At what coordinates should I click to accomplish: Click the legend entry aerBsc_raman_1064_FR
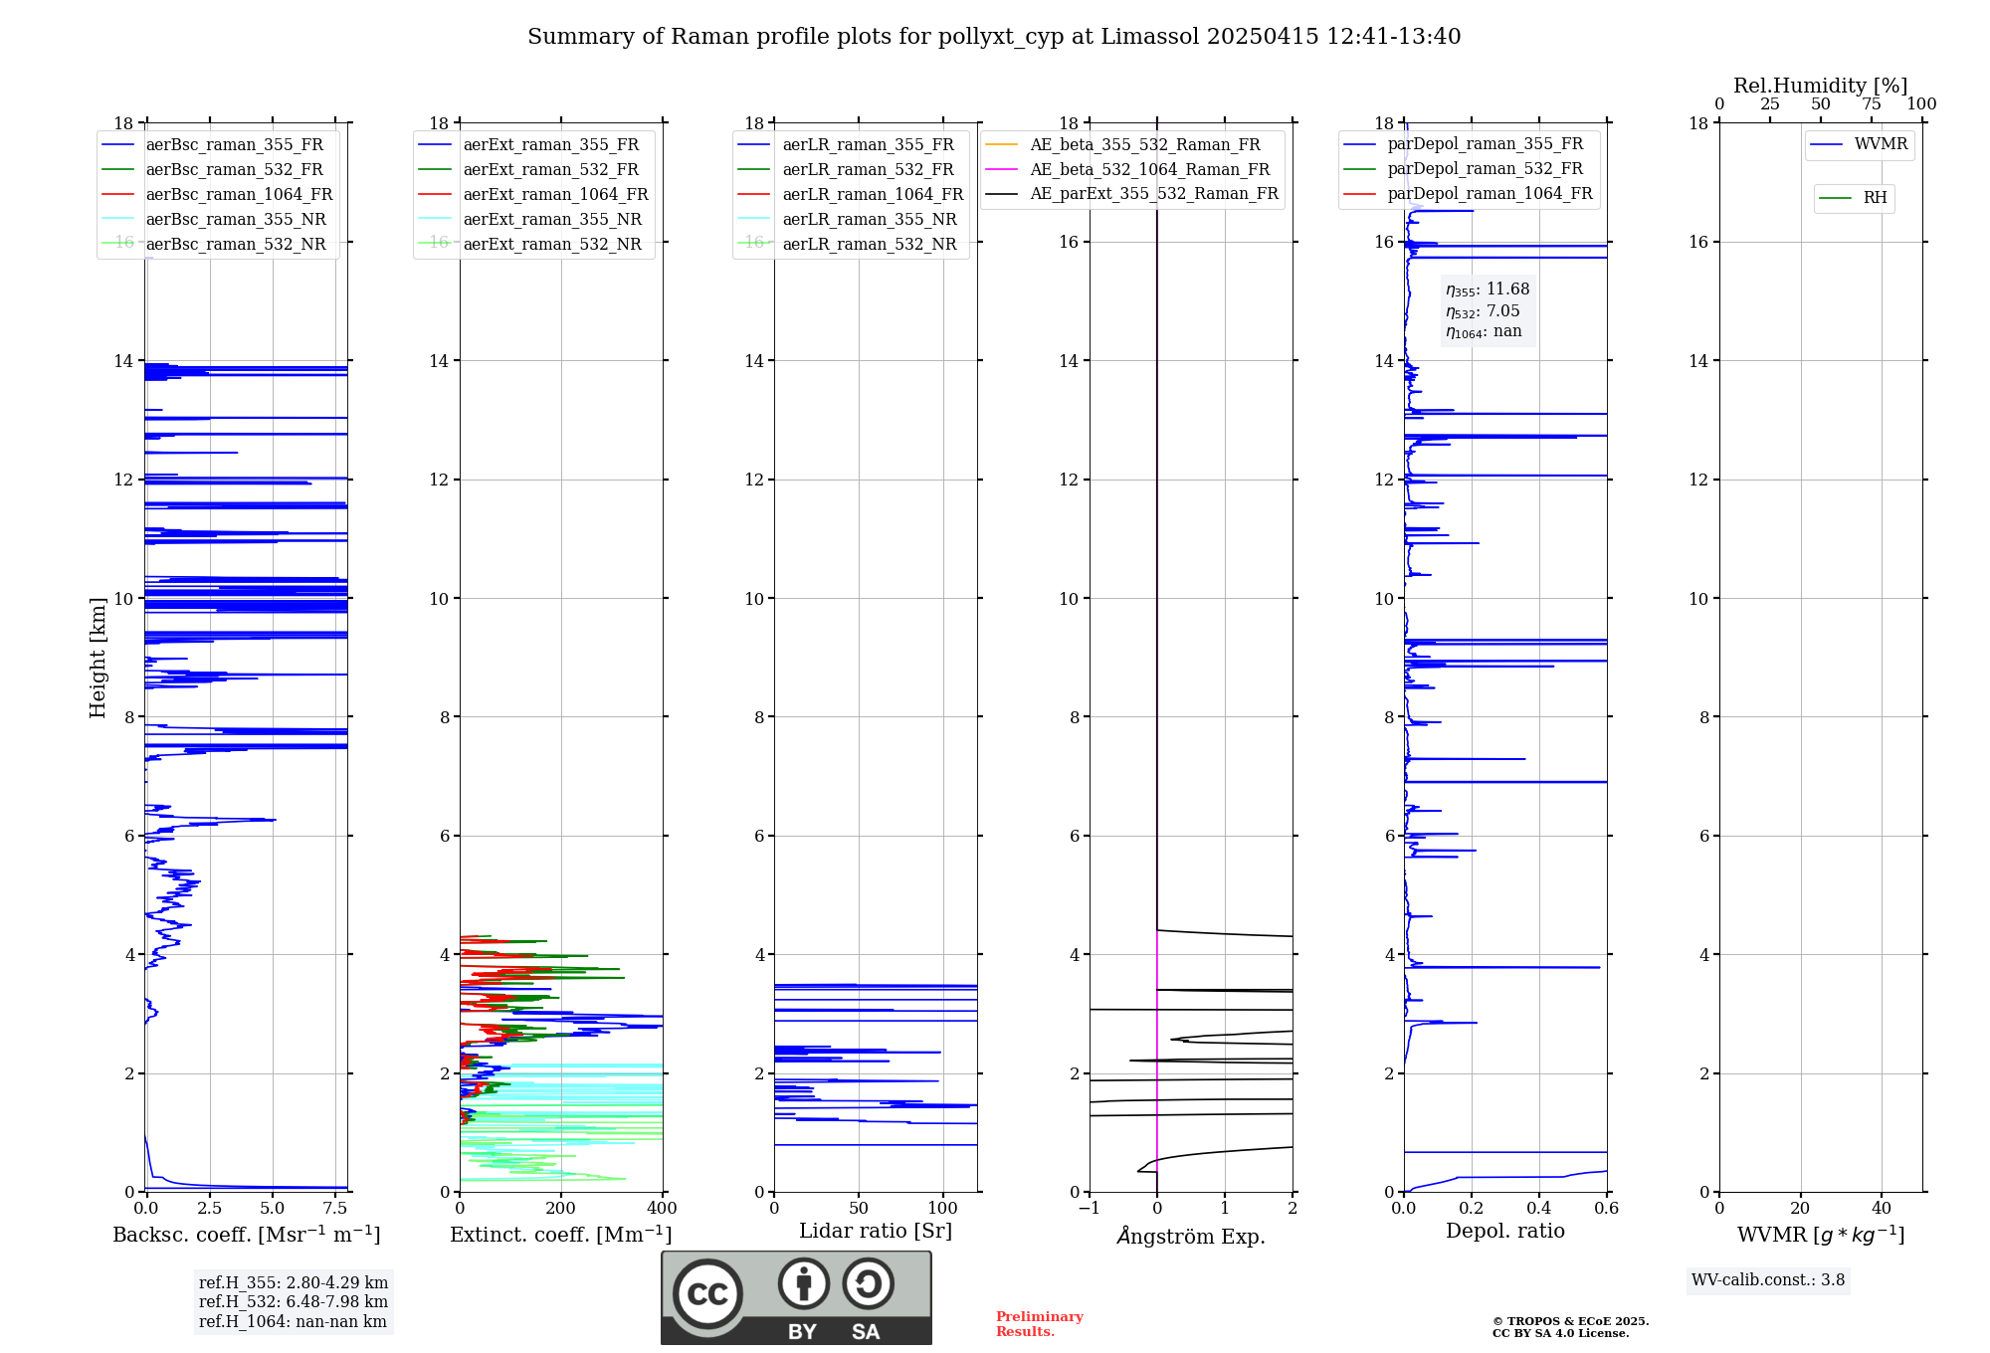(239, 195)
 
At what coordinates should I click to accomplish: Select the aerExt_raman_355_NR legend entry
(552, 220)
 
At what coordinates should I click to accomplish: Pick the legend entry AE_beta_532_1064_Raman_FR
(1149, 170)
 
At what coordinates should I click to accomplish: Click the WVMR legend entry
(1881, 145)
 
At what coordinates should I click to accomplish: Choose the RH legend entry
(1875, 198)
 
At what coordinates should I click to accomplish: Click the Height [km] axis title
(98, 658)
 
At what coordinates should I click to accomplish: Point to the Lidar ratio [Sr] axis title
(876, 1232)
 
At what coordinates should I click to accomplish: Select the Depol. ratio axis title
(1504, 1232)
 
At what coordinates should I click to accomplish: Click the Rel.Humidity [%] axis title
(1820, 86)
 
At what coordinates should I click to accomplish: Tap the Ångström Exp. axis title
(1191, 1237)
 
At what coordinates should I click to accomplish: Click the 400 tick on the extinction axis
(662, 1209)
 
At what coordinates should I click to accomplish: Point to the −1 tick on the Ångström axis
(1090, 1209)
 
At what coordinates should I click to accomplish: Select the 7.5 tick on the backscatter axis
(335, 1209)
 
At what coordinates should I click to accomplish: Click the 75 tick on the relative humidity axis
(1872, 104)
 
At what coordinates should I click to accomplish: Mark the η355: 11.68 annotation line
(1488, 290)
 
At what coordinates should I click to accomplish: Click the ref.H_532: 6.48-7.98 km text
(293, 1302)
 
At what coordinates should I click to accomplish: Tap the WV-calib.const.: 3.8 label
(1768, 1280)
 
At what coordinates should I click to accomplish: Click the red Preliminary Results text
(1039, 1324)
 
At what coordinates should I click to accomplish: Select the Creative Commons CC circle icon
(707, 1294)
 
